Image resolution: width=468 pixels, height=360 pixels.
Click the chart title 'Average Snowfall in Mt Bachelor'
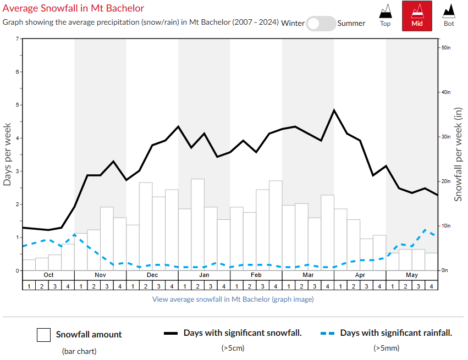[x=73, y=8]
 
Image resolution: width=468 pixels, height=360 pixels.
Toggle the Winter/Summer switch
[x=321, y=23]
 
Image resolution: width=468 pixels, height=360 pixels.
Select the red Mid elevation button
[x=417, y=16]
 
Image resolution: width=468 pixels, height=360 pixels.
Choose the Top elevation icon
[x=386, y=15]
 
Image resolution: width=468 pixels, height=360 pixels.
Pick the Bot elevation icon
[x=449, y=15]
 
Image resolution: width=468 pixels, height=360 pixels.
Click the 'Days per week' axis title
[x=8, y=155]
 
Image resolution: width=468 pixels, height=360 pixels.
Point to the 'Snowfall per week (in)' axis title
[x=458, y=155]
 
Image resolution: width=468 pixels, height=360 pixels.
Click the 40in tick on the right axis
[x=446, y=92]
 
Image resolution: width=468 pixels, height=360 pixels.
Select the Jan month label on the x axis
[x=204, y=275]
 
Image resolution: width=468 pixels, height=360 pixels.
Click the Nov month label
[x=100, y=275]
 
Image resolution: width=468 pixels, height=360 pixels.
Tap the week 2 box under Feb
[x=250, y=286]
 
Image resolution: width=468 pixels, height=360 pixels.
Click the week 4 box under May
[x=431, y=286]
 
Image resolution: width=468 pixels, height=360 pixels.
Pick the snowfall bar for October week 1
[x=29, y=265]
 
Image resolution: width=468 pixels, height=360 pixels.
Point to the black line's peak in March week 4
[x=334, y=110]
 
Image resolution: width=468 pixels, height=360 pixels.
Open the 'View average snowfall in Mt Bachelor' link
[x=233, y=300]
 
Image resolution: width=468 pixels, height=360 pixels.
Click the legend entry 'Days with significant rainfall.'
[x=396, y=333]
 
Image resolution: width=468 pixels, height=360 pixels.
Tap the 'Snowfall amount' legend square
[x=44, y=335]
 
